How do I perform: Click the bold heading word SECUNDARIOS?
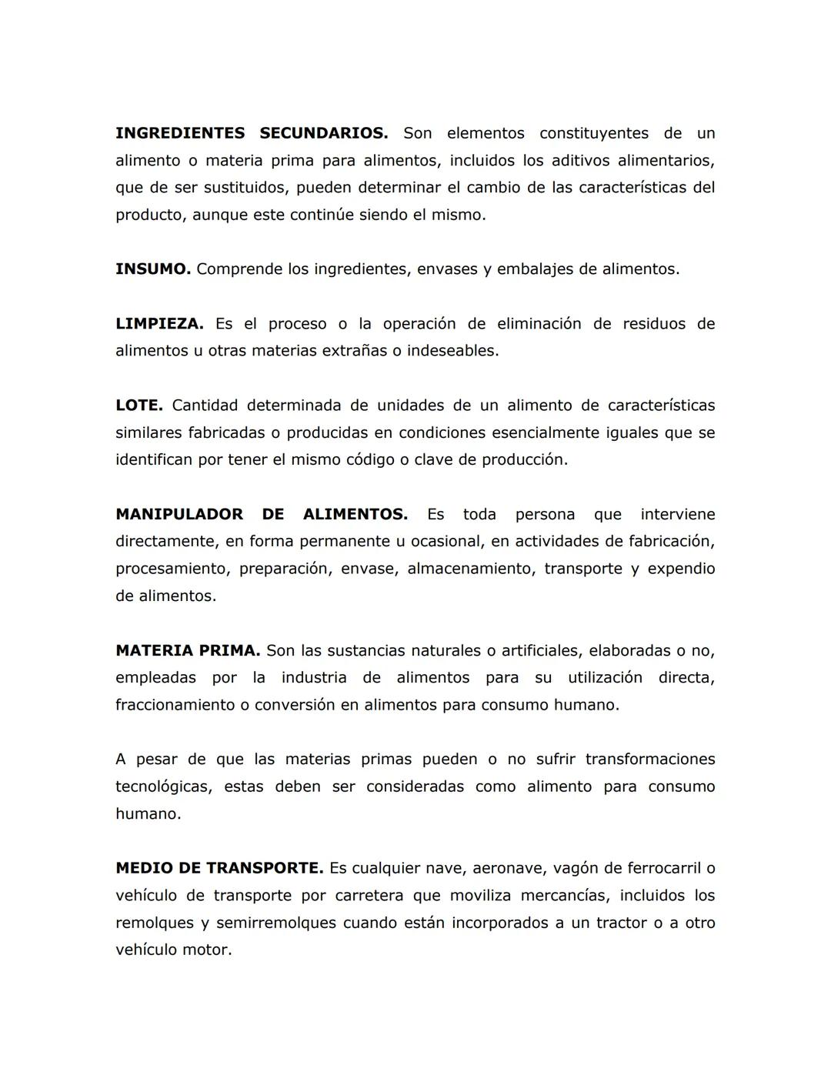(x=323, y=133)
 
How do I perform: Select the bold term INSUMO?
(x=152, y=269)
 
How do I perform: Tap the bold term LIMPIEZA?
(x=159, y=324)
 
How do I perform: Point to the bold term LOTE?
(x=138, y=406)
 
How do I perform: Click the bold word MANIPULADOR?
(x=179, y=514)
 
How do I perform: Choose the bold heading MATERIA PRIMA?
(x=187, y=650)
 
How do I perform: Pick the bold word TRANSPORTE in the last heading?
(x=263, y=868)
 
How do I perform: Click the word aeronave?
(x=504, y=868)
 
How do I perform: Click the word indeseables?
(x=452, y=351)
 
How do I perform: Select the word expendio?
(x=681, y=569)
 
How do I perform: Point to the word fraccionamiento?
(x=174, y=705)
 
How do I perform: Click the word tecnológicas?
(x=162, y=786)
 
